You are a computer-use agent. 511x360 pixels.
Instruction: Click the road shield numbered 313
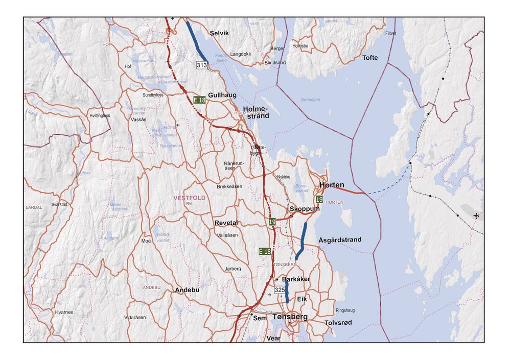click(x=202, y=65)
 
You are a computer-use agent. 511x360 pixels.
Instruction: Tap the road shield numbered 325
click(x=280, y=290)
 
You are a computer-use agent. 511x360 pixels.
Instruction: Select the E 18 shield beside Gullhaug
click(x=199, y=100)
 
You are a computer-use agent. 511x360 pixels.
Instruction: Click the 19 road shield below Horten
click(x=319, y=199)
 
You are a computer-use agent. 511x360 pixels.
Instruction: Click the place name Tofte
click(x=370, y=58)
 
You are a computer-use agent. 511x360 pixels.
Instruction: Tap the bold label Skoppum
click(x=305, y=209)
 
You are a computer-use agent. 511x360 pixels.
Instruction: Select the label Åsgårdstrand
click(x=339, y=239)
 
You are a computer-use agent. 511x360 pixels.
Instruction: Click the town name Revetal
click(x=226, y=223)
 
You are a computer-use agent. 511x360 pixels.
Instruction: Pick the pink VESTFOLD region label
click(x=190, y=198)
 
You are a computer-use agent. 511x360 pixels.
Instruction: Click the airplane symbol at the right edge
click(x=476, y=215)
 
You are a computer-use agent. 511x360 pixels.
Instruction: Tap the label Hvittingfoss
click(x=100, y=116)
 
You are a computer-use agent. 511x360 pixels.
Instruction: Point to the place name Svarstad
click(x=59, y=204)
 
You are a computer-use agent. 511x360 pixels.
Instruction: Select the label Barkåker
click(x=296, y=279)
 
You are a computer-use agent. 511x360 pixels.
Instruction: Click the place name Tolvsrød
click(x=338, y=323)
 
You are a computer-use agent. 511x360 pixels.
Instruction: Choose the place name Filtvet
click(x=390, y=33)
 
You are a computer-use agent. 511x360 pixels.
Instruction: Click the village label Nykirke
click(x=283, y=177)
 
